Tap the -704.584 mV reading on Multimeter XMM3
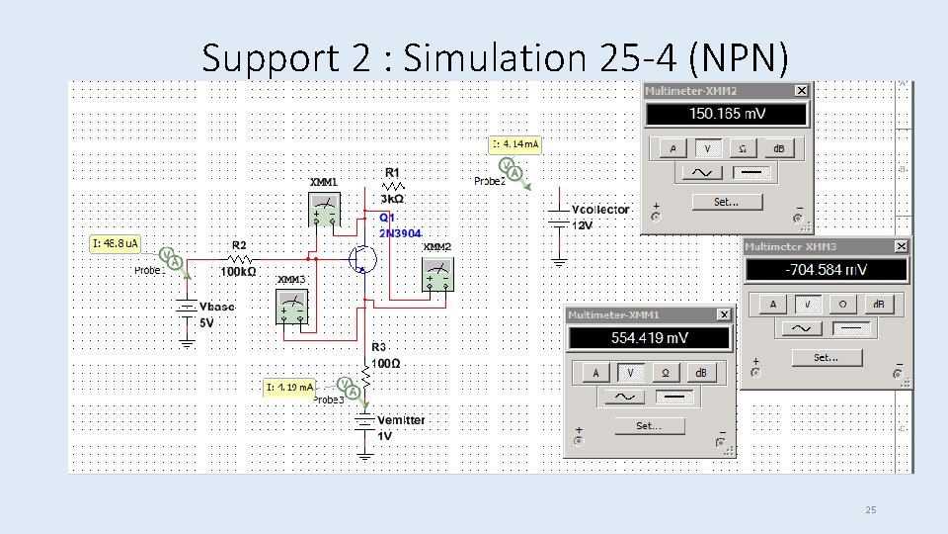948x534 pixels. pyautogui.click(x=826, y=270)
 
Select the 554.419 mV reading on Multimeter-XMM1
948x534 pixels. pyautogui.click(x=649, y=338)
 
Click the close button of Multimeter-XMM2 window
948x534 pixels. pyautogui.click(x=801, y=91)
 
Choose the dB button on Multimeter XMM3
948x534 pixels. pyautogui.click(x=875, y=305)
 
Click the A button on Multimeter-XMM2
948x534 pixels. pyautogui.click(x=672, y=148)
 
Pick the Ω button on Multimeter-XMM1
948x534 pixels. pyautogui.click(x=666, y=373)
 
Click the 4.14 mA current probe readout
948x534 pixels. pyautogui.click(x=516, y=145)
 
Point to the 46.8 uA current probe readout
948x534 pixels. pyautogui.click(x=116, y=242)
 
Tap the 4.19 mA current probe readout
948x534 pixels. pyautogui.click(x=290, y=387)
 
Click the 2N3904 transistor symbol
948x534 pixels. pyautogui.click(x=363, y=258)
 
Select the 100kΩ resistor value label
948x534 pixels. pyautogui.click(x=238, y=271)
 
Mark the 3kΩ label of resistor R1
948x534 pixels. pyautogui.click(x=391, y=199)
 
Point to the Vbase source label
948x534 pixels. pyautogui.click(x=217, y=307)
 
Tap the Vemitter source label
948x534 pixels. pyautogui.click(x=401, y=420)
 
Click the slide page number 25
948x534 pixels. pyautogui.click(x=870, y=510)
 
